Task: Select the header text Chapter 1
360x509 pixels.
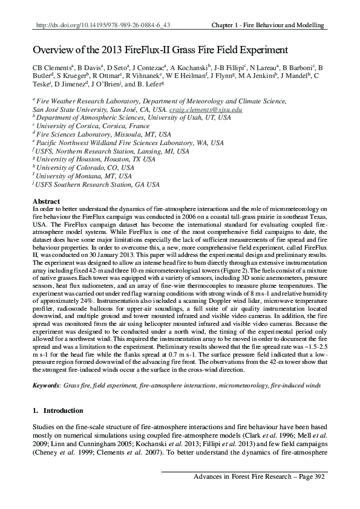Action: (x=234, y=25)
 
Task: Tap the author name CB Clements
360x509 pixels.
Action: (x=49, y=68)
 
